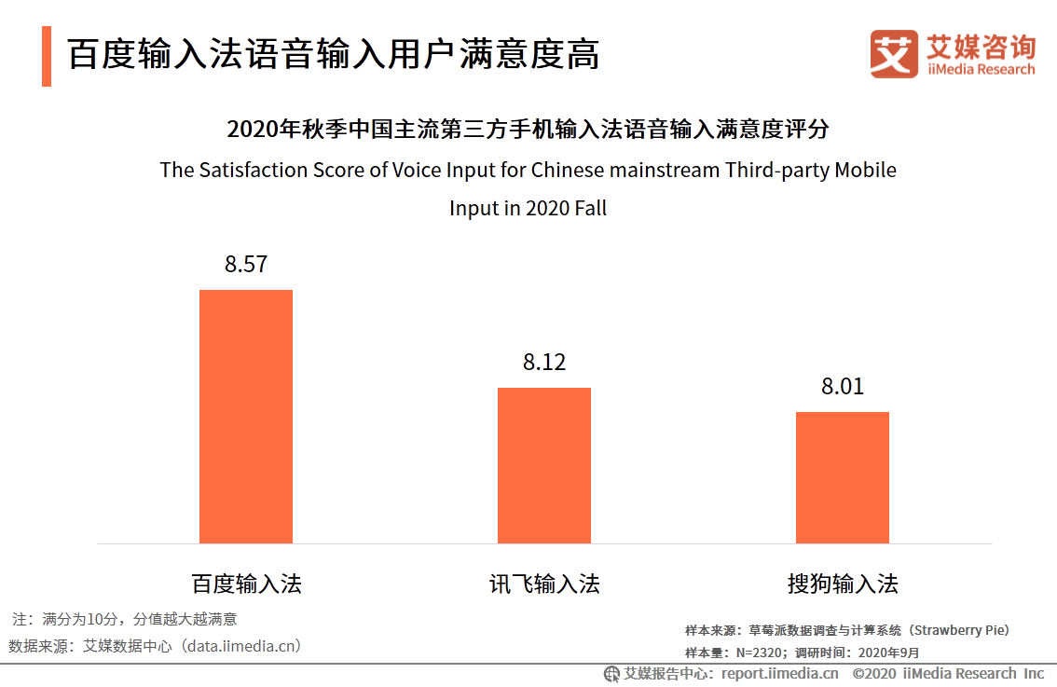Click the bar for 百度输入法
(x=246, y=417)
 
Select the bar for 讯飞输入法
(x=544, y=465)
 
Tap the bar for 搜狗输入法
(x=842, y=477)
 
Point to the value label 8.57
(x=246, y=264)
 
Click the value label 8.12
(x=544, y=363)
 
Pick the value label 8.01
(x=842, y=387)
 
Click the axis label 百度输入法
(x=246, y=584)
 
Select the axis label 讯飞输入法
(x=544, y=584)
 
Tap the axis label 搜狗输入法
(x=842, y=584)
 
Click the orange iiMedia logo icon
(x=894, y=54)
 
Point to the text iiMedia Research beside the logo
(x=981, y=70)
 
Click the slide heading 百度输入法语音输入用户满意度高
(x=333, y=55)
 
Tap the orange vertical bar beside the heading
(x=47, y=56)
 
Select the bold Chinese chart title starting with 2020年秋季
(x=528, y=129)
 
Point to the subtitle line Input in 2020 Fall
(x=528, y=208)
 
